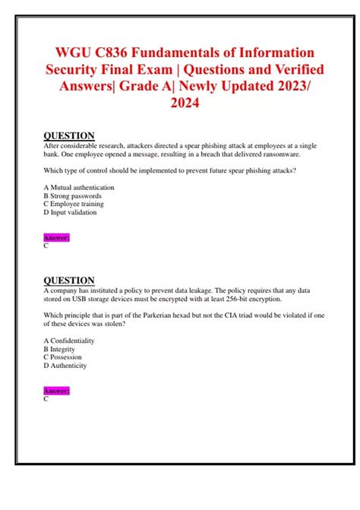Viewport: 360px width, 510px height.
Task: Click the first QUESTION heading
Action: click(x=69, y=136)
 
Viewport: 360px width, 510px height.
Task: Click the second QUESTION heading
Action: click(x=69, y=280)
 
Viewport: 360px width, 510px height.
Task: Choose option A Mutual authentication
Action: click(x=79, y=187)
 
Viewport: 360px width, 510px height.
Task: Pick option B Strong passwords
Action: click(x=73, y=195)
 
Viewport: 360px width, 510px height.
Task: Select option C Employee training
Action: click(x=74, y=204)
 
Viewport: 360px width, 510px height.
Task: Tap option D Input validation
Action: click(x=71, y=212)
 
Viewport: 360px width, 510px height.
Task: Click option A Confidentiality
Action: click(x=71, y=340)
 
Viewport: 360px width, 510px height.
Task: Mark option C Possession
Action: click(x=63, y=356)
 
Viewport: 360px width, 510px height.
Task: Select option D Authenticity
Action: click(x=65, y=365)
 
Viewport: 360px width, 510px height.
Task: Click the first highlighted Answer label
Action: click(x=57, y=238)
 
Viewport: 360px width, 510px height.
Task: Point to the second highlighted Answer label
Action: click(x=57, y=391)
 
